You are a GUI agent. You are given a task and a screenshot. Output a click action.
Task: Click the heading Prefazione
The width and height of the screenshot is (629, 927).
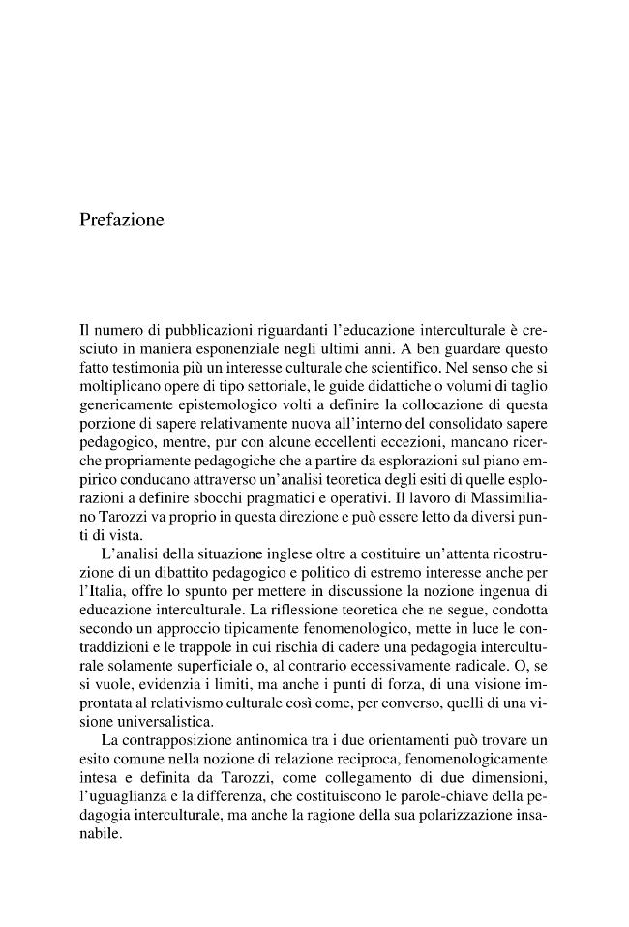point(122,221)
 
